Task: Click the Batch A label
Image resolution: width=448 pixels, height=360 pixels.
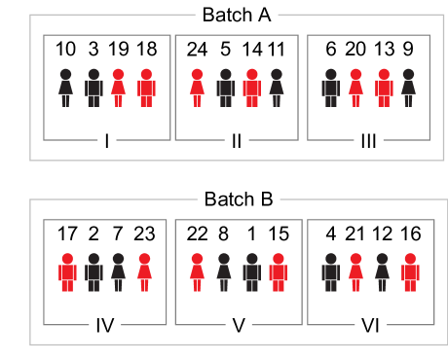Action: (x=239, y=15)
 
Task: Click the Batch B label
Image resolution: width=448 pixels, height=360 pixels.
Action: (x=239, y=199)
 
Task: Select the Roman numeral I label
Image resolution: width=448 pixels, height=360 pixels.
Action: (x=107, y=141)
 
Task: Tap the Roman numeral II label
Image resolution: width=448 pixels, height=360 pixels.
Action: (x=237, y=141)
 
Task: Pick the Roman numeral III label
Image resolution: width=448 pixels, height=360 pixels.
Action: (x=368, y=141)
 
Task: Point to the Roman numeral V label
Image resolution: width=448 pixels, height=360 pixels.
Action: (x=239, y=326)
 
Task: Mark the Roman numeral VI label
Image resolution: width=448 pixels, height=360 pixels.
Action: (x=370, y=326)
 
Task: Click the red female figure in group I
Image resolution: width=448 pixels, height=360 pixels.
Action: (x=119, y=88)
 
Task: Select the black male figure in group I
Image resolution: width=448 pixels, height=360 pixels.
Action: (x=93, y=88)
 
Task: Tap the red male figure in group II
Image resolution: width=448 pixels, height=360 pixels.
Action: (x=251, y=88)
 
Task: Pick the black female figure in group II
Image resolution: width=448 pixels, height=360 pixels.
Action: (x=277, y=88)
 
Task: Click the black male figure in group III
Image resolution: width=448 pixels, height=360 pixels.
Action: (x=330, y=88)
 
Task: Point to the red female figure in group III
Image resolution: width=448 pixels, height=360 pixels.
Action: (x=355, y=88)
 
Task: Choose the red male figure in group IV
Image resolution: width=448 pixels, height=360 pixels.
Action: (x=67, y=272)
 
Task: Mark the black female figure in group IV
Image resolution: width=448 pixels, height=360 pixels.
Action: (x=119, y=272)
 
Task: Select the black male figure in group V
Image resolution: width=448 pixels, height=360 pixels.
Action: (x=251, y=272)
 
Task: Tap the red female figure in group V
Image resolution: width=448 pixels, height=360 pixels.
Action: (x=198, y=272)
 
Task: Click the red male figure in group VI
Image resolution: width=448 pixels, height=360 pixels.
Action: (x=410, y=272)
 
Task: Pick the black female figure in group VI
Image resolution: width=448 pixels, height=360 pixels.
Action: (x=383, y=272)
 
